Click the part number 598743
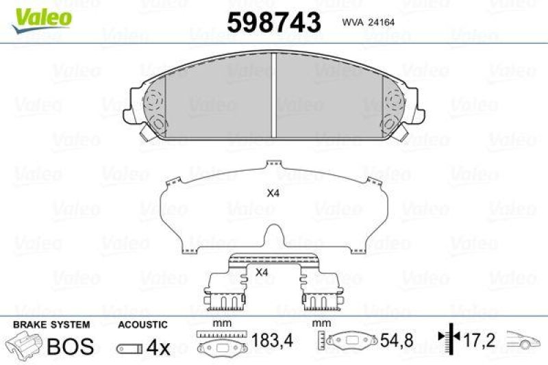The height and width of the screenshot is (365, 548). [x=273, y=23]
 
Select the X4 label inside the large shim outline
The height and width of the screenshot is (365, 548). [x=273, y=193]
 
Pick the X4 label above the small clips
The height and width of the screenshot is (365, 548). [x=261, y=273]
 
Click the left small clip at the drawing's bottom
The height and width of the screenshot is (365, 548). [x=226, y=292]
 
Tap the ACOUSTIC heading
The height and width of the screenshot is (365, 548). [x=142, y=324]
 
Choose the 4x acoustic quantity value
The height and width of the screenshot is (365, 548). [x=158, y=347]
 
